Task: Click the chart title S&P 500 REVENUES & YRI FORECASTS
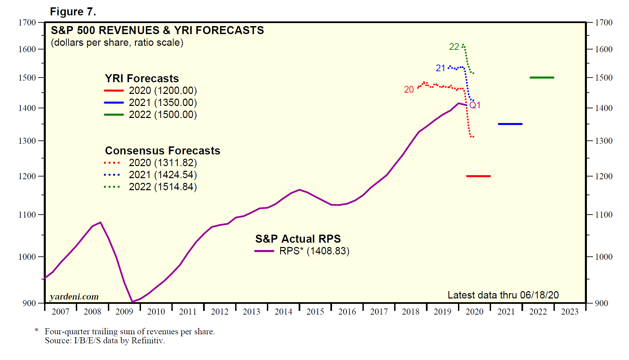coord(157,30)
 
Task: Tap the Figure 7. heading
coord(73,12)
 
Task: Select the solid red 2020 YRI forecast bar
coord(478,176)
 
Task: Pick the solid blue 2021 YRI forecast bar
coord(510,124)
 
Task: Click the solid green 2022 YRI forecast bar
coord(542,78)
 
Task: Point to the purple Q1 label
coord(475,105)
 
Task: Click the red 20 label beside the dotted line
coord(409,90)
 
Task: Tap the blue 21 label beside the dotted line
coord(441,68)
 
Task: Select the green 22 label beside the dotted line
coord(454,47)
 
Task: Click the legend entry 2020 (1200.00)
coord(163,91)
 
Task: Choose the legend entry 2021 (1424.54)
coord(163,175)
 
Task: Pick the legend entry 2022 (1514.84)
coord(163,187)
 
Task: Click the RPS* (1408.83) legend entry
coord(314,251)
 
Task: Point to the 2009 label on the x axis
coord(124,312)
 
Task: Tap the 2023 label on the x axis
coord(570,312)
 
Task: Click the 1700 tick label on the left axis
coord(27,23)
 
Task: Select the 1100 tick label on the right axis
coord(604,215)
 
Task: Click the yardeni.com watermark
coord(74,297)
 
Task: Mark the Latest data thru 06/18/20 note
coord(503,295)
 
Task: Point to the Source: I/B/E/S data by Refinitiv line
coord(105,341)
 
